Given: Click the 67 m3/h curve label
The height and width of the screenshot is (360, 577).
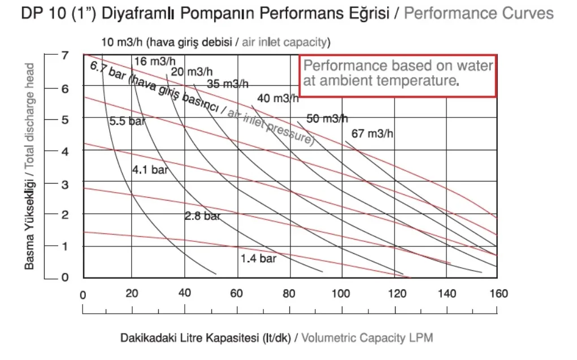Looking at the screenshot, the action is (x=372, y=133).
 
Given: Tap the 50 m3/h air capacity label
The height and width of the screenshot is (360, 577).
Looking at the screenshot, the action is (x=327, y=119).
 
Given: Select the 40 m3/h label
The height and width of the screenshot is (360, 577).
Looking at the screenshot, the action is (x=278, y=98).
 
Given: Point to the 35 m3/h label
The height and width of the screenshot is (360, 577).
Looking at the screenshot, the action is (x=227, y=84).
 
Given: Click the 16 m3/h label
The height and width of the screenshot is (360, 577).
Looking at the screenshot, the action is (x=154, y=61).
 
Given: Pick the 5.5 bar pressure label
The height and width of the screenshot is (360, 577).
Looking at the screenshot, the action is (x=127, y=121).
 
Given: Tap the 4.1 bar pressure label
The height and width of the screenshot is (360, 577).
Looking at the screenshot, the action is (x=150, y=170).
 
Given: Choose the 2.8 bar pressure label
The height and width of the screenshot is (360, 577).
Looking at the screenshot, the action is (x=202, y=216).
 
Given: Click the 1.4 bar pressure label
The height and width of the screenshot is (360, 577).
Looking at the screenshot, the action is (x=258, y=258).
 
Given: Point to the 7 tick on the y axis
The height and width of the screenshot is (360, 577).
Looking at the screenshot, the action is (x=65, y=55).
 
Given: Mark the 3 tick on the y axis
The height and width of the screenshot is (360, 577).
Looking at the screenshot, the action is (x=65, y=184).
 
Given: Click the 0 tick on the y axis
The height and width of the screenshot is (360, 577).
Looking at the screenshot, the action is (x=65, y=277).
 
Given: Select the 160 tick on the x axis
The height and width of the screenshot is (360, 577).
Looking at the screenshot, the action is (x=498, y=293).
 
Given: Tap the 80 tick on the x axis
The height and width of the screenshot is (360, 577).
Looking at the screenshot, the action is (x=289, y=293).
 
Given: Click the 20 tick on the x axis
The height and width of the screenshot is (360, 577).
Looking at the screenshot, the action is (x=132, y=293).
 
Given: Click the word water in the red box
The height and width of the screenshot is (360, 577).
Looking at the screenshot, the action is (x=475, y=66).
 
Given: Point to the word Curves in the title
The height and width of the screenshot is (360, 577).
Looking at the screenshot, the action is (x=528, y=13).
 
